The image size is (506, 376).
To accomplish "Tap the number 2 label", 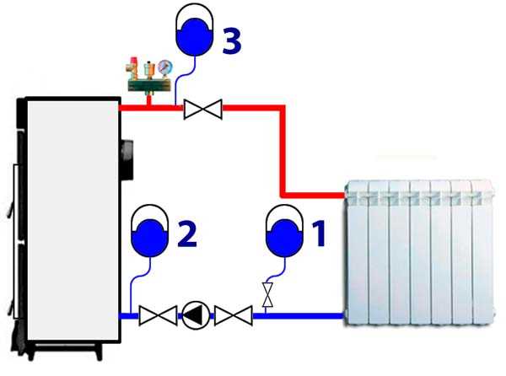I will tap(187, 233).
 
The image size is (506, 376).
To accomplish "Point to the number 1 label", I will tap(318, 233).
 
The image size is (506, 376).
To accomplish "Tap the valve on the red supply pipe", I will tap(202, 108).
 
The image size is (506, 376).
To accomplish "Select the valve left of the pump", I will tap(157, 316).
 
